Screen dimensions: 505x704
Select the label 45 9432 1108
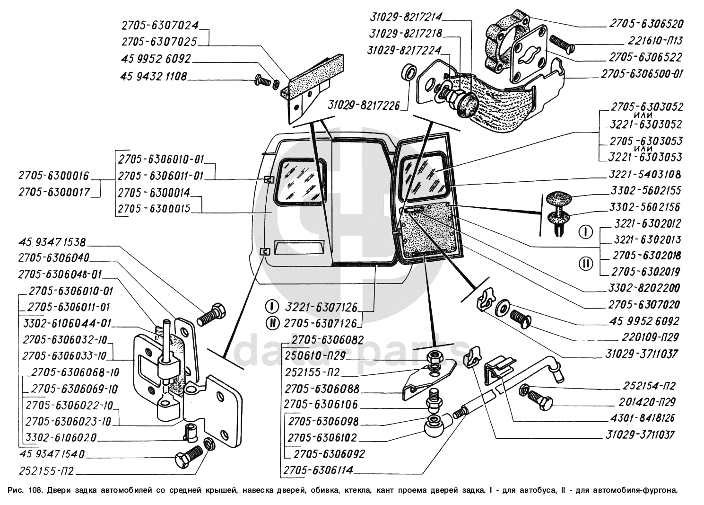click(x=154, y=76)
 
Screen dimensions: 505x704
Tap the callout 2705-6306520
click(x=645, y=24)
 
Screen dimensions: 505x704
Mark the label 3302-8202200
click(x=645, y=288)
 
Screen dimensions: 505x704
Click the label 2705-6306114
click(x=319, y=470)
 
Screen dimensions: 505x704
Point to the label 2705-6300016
click(x=53, y=176)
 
